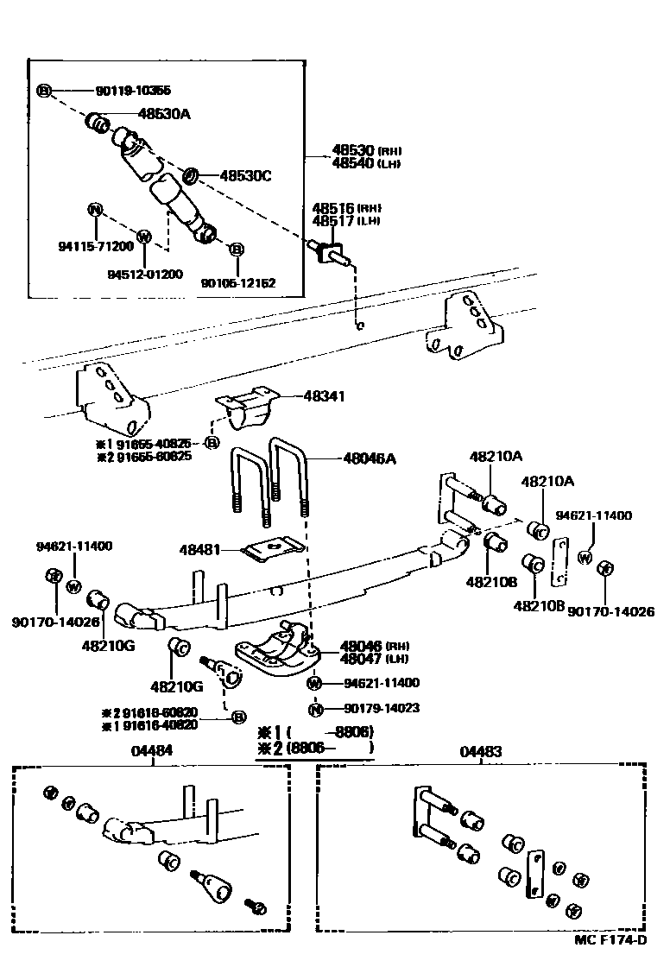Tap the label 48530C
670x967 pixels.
click(x=245, y=175)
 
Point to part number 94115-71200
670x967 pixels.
click(x=96, y=246)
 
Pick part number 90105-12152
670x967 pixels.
click(x=238, y=282)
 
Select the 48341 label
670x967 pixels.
click(x=324, y=396)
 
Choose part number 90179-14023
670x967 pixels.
click(x=381, y=709)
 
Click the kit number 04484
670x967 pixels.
click(x=152, y=751)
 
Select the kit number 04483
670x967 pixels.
click(x=480, y=751)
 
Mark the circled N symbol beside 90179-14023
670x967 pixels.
click(x=316, y=710)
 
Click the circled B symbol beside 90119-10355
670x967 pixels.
click(x=45, y=90)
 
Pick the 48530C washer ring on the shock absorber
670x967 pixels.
click(x=192, y=177)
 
